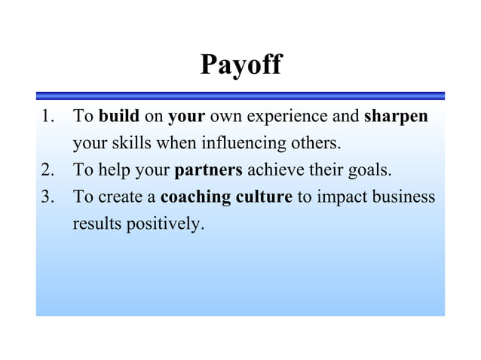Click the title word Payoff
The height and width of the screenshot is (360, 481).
click(x=240, y=65)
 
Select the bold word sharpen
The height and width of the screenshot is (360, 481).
click(x=396, y=117)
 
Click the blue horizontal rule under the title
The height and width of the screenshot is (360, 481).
click(x=240, y=96)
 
